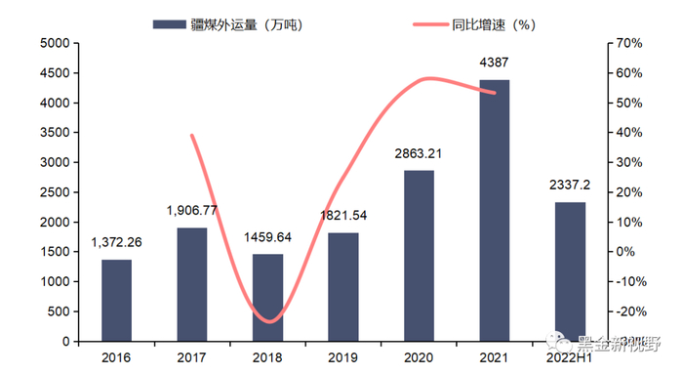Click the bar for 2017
click(192, 284)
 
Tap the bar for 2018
click(267, 298)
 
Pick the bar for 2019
click(343, 287)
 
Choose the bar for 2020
click(419, 256)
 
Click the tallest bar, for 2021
click(495, 210)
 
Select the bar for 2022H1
click(570, 271)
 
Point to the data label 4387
click(495, 63)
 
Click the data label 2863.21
click(420, 154)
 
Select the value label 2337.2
click(571, 185)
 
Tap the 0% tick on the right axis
click(623, 252)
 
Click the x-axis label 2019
click(343, 358)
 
